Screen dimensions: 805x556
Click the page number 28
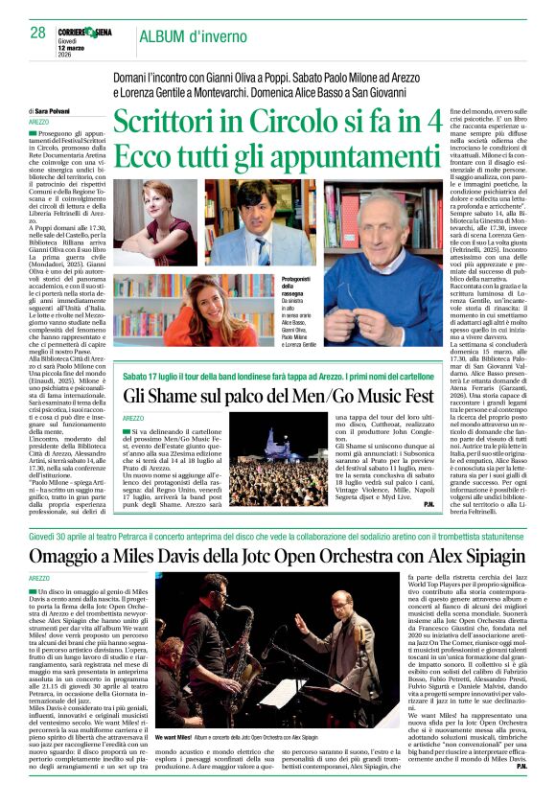click(37, 33)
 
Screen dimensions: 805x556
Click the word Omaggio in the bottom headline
click(68, 557)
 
